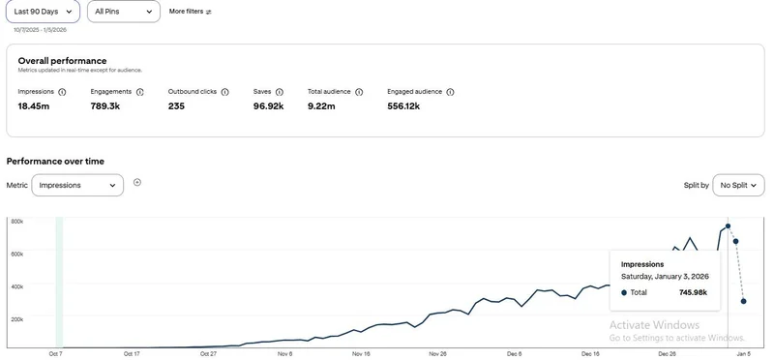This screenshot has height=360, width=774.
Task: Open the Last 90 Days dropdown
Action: coord(43,12)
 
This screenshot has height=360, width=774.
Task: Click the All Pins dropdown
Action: coord(124,12)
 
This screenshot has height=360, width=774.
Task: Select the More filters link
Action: coord(190,12)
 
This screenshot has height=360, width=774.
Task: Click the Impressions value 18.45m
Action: coord(34,106)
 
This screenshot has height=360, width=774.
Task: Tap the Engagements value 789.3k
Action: coord(105,106)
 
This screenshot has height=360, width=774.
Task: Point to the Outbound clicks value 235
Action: coord(176,106)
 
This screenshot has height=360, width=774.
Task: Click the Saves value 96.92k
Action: coord(269,106)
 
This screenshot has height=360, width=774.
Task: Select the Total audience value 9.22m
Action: coord(321,106)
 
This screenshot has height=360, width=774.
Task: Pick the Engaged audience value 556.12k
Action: coord(403,106)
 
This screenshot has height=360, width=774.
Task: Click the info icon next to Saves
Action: coord(280,92)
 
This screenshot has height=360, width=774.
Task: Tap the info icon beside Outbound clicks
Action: coord(225,92)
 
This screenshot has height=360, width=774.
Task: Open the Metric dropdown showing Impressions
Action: coord(77,185)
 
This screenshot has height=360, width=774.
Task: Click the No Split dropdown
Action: coord(738,185)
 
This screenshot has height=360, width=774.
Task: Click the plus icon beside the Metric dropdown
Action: coord(137,182)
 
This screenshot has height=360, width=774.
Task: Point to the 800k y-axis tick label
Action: coord(17,222)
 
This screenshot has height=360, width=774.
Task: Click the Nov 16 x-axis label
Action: coord(361,354)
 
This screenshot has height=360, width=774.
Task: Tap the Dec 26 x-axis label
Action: coord(667,354)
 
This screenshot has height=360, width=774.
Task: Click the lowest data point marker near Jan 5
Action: coord(743,301)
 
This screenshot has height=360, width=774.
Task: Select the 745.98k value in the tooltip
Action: coord(693,292)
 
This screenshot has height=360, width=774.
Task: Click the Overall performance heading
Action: coord(62,61)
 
